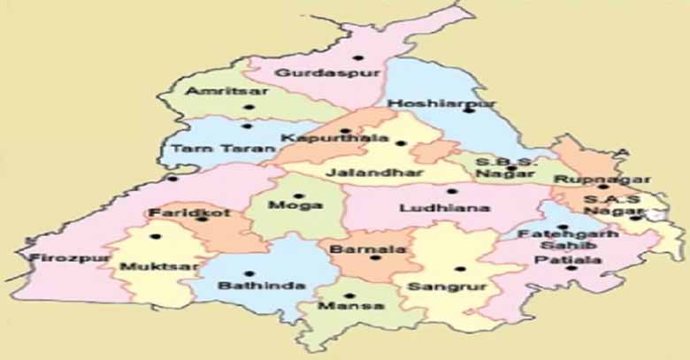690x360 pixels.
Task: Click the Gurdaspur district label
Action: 314,73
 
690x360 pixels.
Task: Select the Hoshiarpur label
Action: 442,103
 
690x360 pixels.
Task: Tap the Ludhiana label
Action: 433,209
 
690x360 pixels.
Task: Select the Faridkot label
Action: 179,214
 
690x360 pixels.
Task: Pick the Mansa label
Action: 352,307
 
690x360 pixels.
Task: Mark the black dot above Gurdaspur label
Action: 356,58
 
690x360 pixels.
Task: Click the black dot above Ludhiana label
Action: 451,190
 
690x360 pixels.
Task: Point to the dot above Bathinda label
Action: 249,273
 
